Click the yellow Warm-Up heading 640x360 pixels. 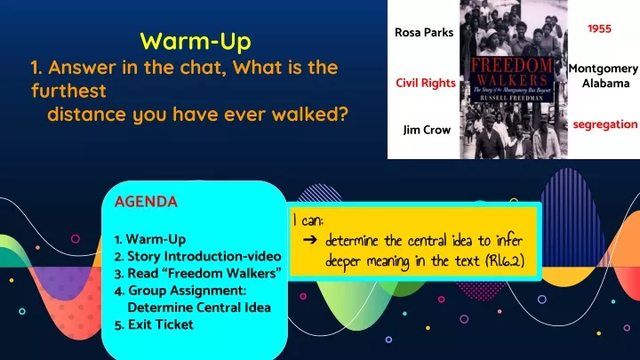(x=196, y=41)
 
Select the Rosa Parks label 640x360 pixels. (x=423, y=34)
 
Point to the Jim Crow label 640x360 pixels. (x=426, y=130)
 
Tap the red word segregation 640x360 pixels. (x=604, y=124)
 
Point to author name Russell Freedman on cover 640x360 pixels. (x=513, y=99)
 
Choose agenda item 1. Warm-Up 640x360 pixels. (x=150, y=239)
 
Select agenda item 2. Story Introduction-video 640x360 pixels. (x=198, y=256)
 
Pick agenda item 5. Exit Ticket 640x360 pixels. (x=154, y=324)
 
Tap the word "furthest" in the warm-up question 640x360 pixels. (x=68, y=91)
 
